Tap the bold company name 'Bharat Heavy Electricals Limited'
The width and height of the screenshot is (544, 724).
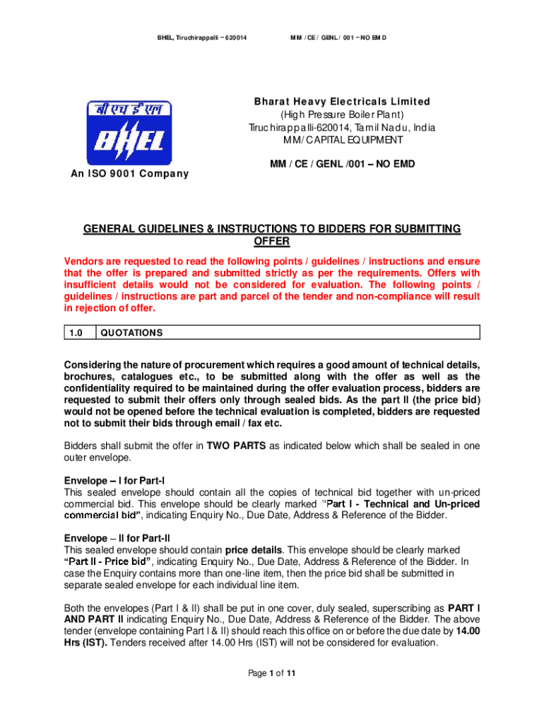coord(342,103)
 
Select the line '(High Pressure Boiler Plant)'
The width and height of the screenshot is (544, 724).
coord(342,115)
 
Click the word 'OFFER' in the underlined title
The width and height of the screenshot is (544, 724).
coord(271,242)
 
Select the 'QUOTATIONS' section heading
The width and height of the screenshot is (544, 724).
coord(132,333)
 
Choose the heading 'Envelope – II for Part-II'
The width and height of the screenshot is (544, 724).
coord(117,537)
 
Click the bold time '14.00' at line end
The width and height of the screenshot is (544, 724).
coord(468,631)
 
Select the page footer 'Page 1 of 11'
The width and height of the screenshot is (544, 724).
coord(271,674)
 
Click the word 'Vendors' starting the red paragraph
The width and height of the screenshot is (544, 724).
coord(83,261)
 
